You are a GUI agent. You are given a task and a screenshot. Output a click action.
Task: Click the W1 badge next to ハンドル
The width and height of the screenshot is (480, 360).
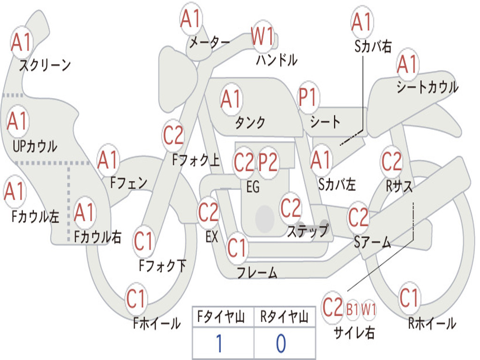262,37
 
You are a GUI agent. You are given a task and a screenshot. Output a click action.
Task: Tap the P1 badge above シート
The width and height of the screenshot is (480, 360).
307,97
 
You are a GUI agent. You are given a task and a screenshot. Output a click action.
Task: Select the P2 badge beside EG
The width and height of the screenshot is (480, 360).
269,162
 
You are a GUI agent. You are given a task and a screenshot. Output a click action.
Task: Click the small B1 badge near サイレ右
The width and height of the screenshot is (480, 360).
352,309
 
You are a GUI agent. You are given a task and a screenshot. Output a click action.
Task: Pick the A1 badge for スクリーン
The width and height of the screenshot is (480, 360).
21,43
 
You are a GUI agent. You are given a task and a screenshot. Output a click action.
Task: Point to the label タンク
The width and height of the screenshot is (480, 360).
250,123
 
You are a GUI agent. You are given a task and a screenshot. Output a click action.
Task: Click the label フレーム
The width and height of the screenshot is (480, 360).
257,272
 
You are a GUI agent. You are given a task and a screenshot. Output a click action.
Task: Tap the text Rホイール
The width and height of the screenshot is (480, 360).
432,323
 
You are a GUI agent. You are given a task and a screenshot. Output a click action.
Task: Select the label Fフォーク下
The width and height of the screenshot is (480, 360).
162,266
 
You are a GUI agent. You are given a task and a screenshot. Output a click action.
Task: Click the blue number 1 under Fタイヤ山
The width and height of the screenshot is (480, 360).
219,344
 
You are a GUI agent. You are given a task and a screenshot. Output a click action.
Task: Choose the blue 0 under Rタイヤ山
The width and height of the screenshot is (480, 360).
281,344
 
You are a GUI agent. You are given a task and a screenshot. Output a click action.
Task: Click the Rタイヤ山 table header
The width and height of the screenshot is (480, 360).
284,317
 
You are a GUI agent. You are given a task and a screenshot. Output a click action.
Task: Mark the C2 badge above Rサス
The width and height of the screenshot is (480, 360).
391,161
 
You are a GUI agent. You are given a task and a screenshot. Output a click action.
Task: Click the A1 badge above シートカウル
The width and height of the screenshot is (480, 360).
407,65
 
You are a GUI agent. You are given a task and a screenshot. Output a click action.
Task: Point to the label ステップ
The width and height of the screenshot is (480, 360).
307,231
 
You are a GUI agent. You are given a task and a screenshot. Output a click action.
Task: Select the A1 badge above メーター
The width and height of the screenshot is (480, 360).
191,19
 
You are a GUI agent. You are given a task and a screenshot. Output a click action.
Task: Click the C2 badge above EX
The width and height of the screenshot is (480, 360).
209,212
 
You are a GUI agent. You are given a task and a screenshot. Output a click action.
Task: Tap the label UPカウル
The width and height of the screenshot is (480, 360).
35,146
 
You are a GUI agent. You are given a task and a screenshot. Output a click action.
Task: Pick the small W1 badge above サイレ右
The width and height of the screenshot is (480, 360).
368,309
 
